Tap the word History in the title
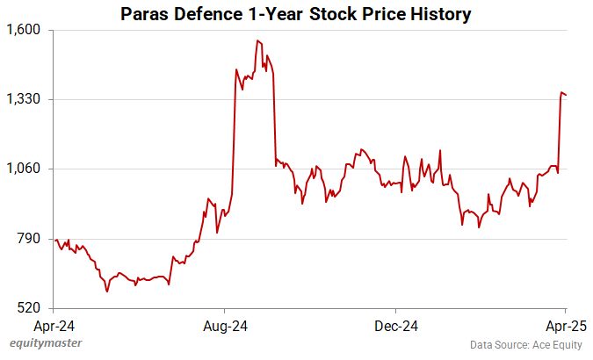[439, 15]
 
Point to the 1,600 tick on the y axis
[25, 30]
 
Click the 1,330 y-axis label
[25, 99]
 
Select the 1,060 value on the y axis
[25, 169]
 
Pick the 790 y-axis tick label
[31, 239]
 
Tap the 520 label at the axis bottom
[31, 308]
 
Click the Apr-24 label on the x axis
[54, 326]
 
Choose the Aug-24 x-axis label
[225, 326]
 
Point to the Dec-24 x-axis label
[395, 326]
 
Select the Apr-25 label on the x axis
[565, 326]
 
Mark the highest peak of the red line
[257, 40]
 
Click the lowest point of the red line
[107, 291]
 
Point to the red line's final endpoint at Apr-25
[566, 95]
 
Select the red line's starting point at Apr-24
[55, 240]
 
